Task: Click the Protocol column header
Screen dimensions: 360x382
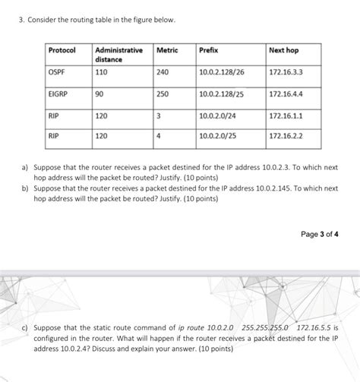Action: (62, 50)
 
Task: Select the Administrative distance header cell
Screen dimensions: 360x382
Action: (118, 55)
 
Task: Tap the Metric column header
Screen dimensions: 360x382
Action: (168, 50)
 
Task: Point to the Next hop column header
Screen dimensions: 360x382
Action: (284, 50)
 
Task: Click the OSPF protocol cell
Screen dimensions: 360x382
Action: (57, 72)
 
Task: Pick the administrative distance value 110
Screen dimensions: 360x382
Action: (101, 72)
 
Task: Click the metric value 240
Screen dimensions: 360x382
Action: (163, 72)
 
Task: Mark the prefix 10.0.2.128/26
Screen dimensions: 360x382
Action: (223, 72)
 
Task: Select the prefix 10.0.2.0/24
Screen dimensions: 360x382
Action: (218, 116)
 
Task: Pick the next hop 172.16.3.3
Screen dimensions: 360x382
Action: (286, 72)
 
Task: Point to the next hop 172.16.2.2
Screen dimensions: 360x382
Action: (286, 137)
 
